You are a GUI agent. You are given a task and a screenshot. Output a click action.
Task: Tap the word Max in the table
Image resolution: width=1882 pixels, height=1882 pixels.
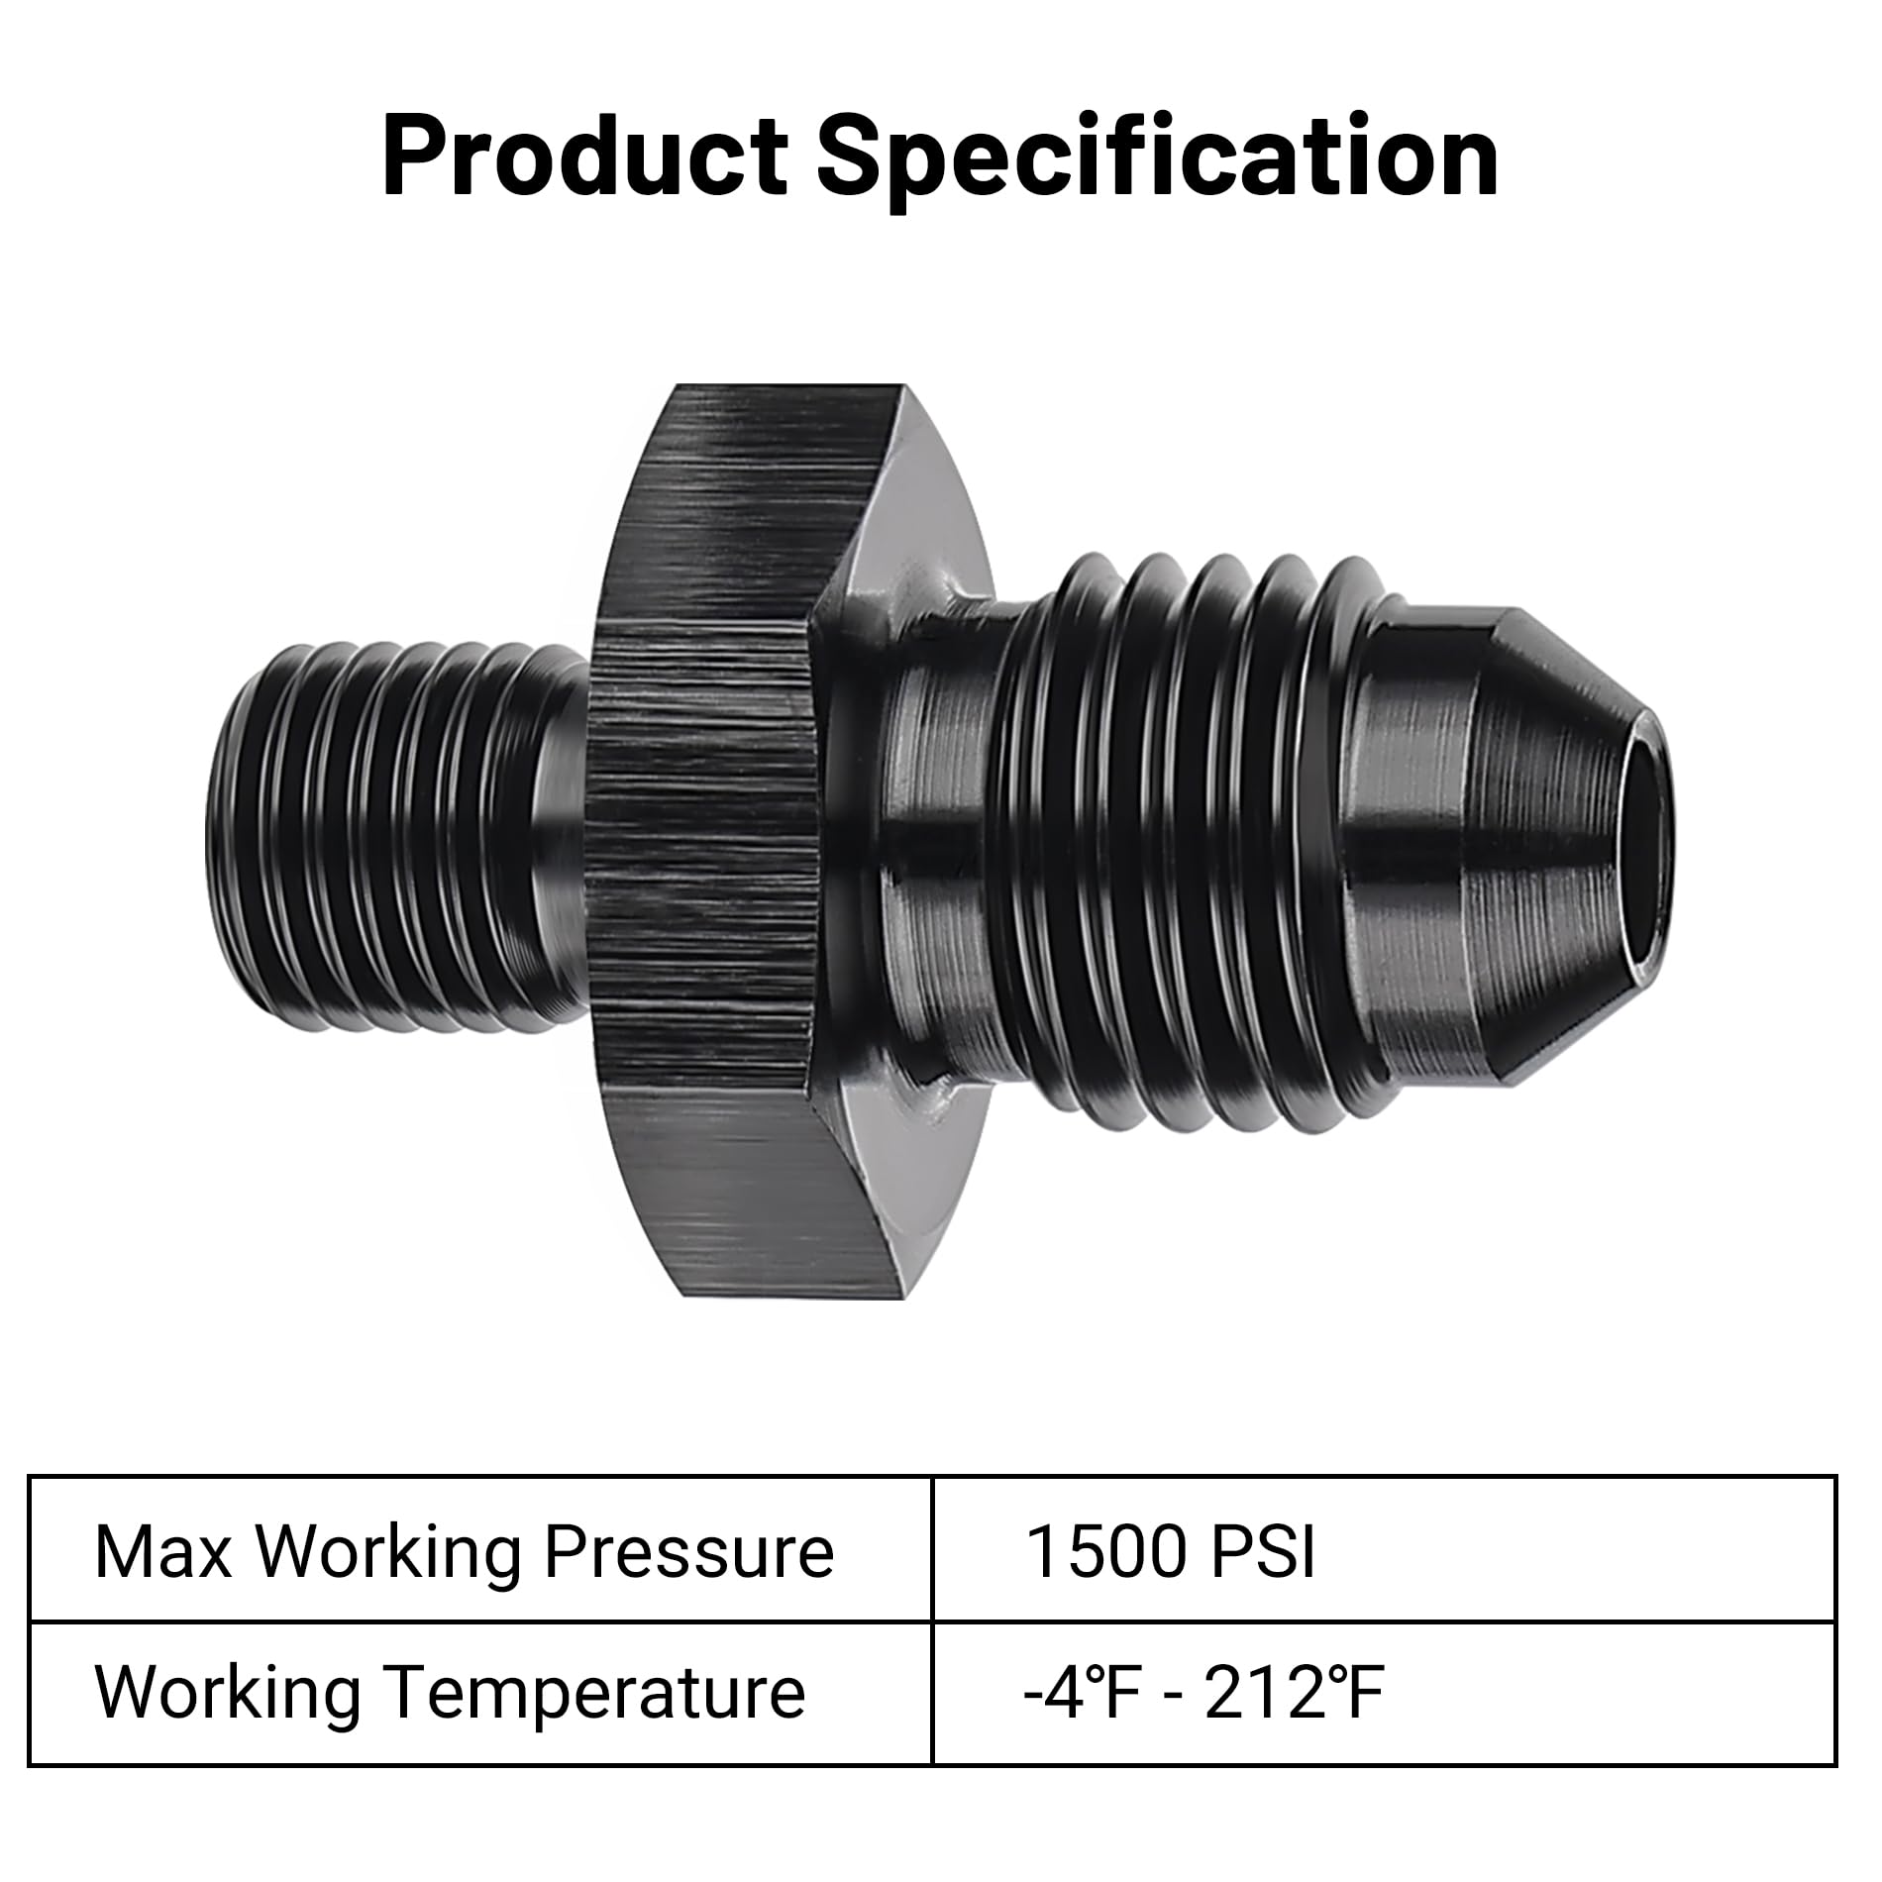162,1551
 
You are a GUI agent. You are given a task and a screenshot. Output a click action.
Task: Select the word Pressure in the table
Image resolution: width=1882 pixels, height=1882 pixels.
688,1551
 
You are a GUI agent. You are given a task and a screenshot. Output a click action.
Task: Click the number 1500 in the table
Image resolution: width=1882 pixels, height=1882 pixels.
1104,1551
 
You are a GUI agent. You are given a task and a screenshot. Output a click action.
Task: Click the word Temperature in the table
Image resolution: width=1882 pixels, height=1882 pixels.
594,1693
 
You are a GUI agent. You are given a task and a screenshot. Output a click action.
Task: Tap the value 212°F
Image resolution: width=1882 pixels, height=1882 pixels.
1293,1693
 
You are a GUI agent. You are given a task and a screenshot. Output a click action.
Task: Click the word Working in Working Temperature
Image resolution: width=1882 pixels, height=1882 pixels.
227,1693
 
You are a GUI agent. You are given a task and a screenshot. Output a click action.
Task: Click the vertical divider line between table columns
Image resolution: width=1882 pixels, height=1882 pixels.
932,1621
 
